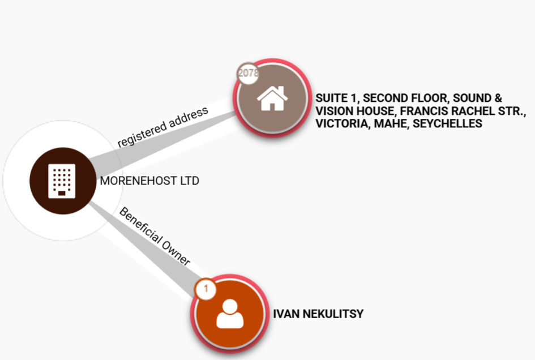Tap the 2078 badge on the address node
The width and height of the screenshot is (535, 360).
click(247, 73)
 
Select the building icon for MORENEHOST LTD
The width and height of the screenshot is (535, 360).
click(63, 181)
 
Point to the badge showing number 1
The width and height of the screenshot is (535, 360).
click(206, 289)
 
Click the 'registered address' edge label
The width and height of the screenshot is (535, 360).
click(162, 126)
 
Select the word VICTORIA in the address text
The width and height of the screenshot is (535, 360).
click(341, 123)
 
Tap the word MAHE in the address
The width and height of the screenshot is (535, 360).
click(390, 123)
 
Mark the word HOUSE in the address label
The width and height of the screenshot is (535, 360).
click(371, 111)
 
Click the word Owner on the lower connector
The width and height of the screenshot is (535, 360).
click(175, 252)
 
